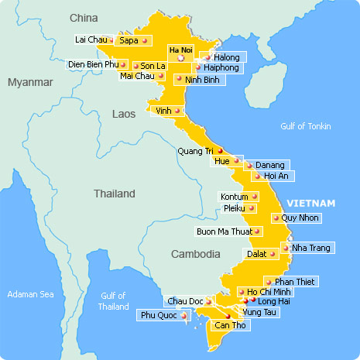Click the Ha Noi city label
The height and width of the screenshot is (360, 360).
pyautogui.click(x=180, y=49)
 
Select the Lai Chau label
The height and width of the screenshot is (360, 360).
pyautogui.click(x=91, y=39)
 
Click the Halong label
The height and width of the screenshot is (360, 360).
pyautogui.click(x=227, y=57)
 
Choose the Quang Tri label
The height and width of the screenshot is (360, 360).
pyautogui.click(x=194, y=151)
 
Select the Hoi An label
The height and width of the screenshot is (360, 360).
pyautogui.click(x=278, y=176)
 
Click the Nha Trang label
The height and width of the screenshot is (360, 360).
pyautogui.click(x=310, y=248)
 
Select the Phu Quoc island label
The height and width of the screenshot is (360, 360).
pyautogui.click(x=158, y=315)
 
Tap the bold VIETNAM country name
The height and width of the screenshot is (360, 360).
pyautogui.click(x=310, y=203)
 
